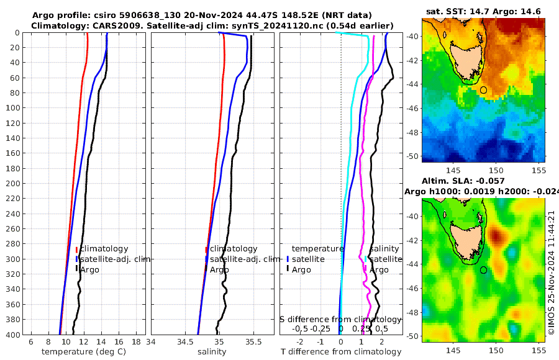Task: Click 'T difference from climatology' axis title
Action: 342,352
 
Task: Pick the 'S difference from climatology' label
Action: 340,319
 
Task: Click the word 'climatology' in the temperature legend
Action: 104,249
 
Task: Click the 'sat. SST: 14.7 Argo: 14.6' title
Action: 484,11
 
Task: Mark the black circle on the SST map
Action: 483,90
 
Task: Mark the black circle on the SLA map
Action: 483,270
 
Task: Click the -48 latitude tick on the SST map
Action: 413,132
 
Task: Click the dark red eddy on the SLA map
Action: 496,236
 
